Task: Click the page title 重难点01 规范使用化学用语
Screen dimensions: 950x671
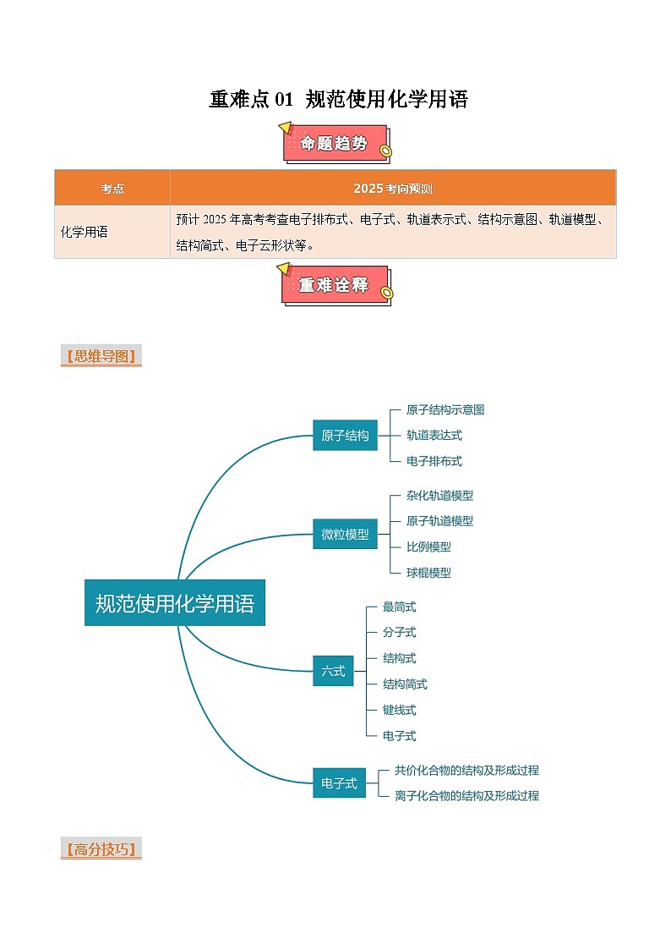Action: click(x=338, y=99)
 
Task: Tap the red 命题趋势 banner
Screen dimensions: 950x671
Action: click(x=335, y=144)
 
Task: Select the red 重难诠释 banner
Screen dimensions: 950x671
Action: click(x=335, y=285)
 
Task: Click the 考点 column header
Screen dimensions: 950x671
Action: click(x=112, y=189)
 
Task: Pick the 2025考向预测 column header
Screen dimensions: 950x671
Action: click(x=392, y=189)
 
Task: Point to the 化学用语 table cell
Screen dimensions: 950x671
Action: click(x=85, y=232)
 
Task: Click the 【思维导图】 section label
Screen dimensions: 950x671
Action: click(x=101, y=356)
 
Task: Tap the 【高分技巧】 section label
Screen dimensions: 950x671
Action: click(x=101, y=849)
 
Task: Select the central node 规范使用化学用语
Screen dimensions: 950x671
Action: click(x=175, y=603)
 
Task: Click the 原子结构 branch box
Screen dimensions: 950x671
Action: click(x=345, y=436)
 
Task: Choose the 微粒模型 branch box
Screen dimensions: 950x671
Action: click(x=345, y=534)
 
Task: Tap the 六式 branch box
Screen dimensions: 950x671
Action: click(x=333, y=671)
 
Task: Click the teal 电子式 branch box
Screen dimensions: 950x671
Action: click(x=339, y=783)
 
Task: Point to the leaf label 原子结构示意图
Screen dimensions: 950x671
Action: click(x=445, y=409)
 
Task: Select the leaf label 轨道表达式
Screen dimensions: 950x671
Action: click(x=434, y=436)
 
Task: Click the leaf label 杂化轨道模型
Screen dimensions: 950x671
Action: click(x=439, y=496)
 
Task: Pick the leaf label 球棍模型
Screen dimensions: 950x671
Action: click(x=428, y=573)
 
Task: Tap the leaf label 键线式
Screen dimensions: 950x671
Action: click(x=399, y=710)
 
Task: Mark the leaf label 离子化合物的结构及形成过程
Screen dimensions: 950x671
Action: click(x=466, y=795)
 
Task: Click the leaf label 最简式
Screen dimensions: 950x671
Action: click(x=399, y=607)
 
